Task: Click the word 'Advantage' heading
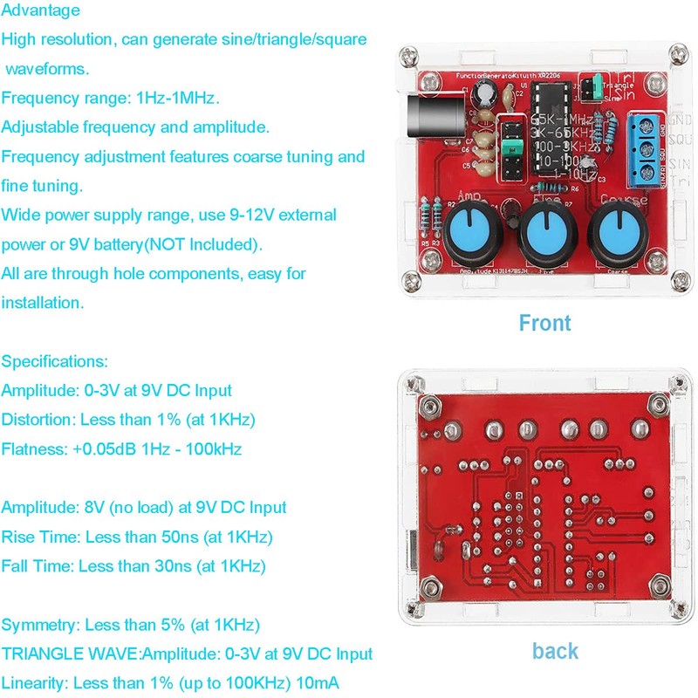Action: [x=40, y=10]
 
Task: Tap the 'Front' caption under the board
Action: [x=544, y=323]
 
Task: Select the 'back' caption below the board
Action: [x=555, y=650]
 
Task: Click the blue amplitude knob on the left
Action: [x=472, y=233]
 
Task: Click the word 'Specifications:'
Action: [x=55, y=361]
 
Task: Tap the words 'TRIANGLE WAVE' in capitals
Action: [x=72, y=654]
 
